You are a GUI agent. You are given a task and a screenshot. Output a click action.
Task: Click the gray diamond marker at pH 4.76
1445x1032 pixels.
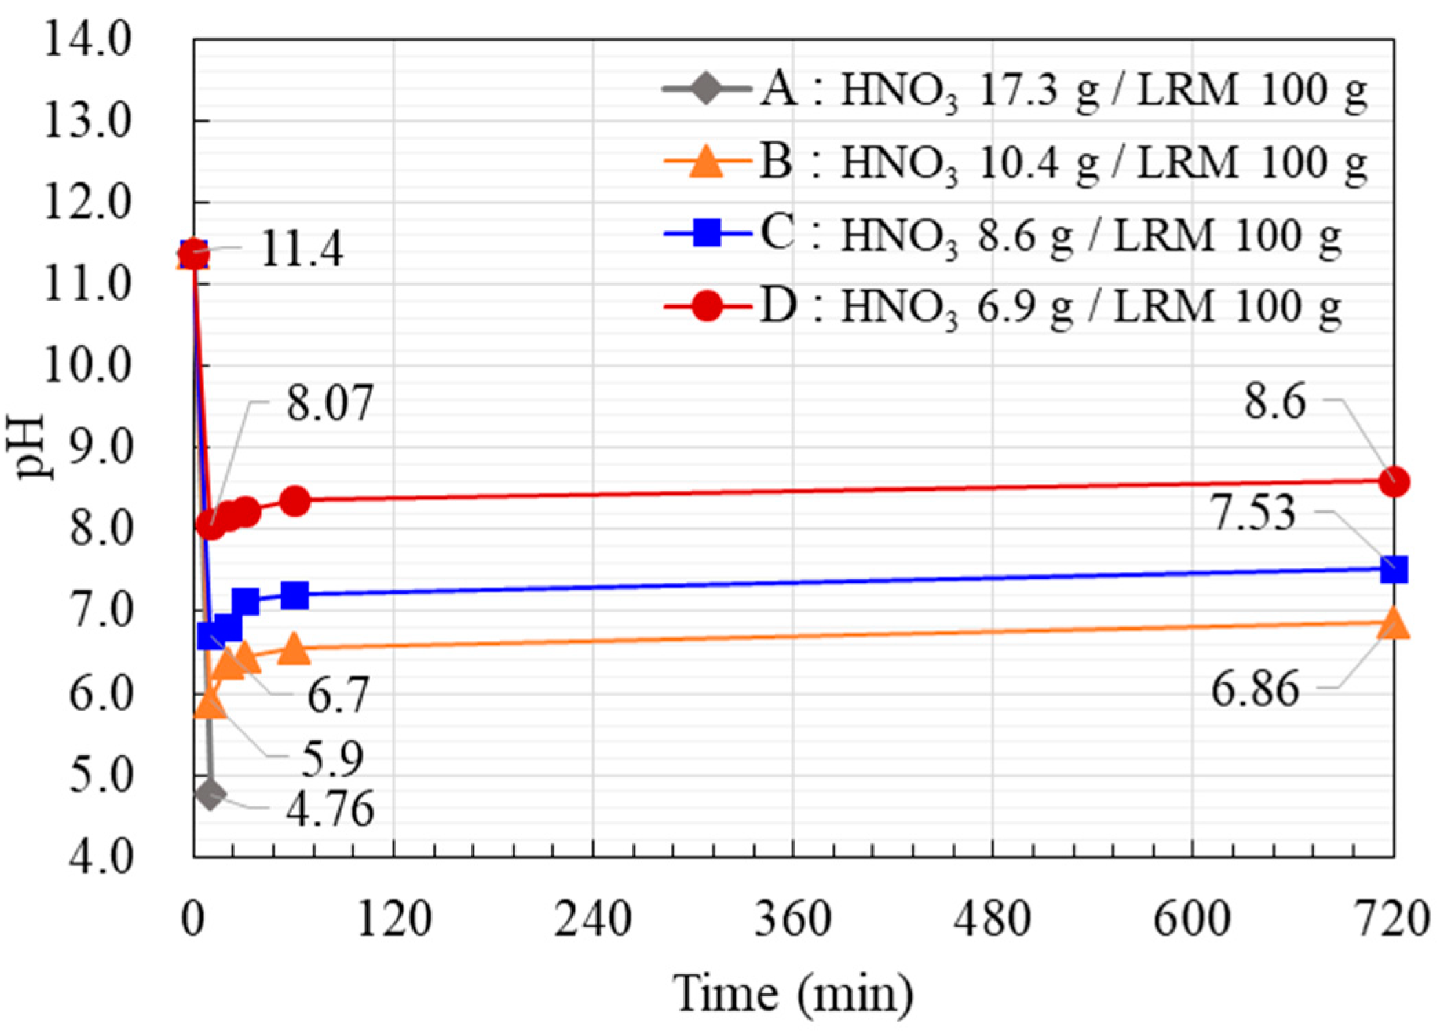(x=210, y=795)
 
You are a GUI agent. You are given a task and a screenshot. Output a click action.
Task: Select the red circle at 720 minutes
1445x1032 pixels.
(x=1394, y=482)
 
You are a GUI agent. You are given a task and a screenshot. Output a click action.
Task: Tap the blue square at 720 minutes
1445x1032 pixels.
(x=1394, y=569)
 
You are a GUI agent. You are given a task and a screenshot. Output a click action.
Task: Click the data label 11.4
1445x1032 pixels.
(x=301, y=249)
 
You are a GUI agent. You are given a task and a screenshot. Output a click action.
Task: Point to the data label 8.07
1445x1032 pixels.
(x=330, y=403)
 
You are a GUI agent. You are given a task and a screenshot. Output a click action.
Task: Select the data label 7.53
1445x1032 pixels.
(x=1253, y=513)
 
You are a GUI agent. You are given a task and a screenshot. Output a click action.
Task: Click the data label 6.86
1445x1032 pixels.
(x=1255, y=689)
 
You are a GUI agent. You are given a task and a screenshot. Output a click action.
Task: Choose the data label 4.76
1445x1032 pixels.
(x=330, y=809)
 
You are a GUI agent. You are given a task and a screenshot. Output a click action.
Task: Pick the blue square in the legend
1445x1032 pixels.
(x=707, y=233)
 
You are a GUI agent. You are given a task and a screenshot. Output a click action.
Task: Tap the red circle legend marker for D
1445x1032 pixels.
(x=707, y=305)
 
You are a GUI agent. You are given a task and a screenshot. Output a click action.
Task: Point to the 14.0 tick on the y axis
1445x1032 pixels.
(x=87, y=39)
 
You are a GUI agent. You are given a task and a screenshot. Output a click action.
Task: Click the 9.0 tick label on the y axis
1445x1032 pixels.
(x=100, y=448)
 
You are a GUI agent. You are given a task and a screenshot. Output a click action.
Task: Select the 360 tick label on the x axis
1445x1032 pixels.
(x=793, y=920)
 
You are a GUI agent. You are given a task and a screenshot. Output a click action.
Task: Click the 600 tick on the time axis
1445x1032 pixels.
(x=1192, y=920)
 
